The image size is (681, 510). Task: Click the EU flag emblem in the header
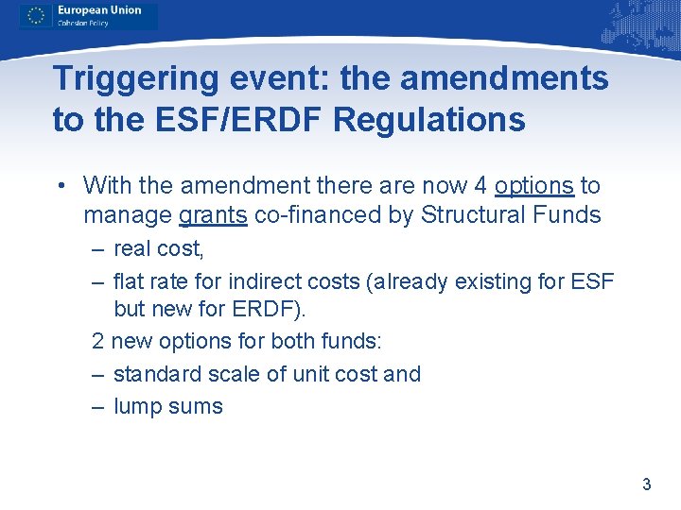pyautogui.click(x=37, y=15)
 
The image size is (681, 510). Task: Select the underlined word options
pyautogui.click(x=533, y=186)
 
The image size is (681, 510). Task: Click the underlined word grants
pyautogui.click(x=213, y=215)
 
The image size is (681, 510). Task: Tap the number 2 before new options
pyautogui.click(x=98, y=341)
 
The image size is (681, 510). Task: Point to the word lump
pyautogui.click(x=134, y=407)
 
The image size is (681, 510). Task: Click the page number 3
pyautogui.click(x=646, y=484)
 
